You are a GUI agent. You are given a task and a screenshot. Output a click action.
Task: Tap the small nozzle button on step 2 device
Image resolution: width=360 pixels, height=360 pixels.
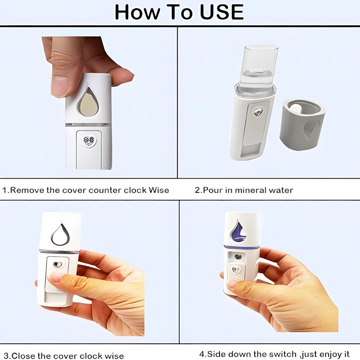[258, 112]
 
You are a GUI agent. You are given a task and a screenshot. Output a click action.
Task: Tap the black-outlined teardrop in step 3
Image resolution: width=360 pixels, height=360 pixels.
[60, 234]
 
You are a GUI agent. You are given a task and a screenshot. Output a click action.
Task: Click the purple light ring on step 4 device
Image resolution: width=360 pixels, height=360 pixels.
[241, 247]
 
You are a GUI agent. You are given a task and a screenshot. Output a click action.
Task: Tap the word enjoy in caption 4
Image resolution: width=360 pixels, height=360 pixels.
[327, 354]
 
